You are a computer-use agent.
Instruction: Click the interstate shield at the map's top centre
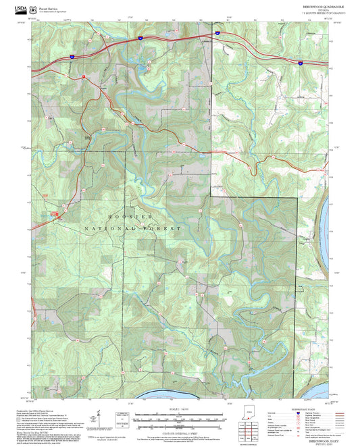(217, 32)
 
